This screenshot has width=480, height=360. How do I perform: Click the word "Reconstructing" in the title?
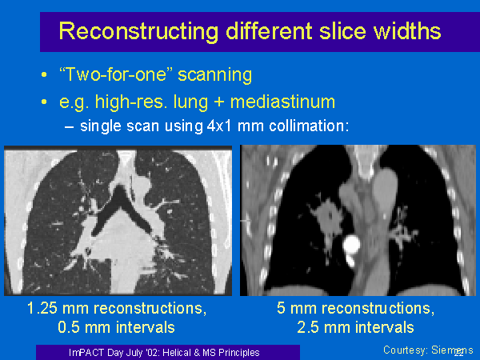(x=138, y=31)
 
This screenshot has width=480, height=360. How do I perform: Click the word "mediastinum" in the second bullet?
(x=282, y=102)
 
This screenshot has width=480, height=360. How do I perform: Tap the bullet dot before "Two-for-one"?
(x=44, y=74)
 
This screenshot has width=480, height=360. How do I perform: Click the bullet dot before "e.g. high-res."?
(x=44, y=102)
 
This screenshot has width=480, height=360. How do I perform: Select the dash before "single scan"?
(x=69, y=127)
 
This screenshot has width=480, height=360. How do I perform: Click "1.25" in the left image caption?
(x=42, y=308)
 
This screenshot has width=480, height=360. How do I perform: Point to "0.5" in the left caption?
(x=69, y=327)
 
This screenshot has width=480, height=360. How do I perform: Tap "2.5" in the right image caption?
(x=308, y=327)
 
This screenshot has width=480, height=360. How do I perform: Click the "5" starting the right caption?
(x=281, y=308)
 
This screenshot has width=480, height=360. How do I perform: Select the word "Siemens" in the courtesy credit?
(x=452, y=350)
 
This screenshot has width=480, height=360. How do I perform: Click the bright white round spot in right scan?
(x=352, y=245)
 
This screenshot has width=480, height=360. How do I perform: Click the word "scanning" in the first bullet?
(x=215, y=75)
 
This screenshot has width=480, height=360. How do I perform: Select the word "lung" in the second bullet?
(x=190, y=102)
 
